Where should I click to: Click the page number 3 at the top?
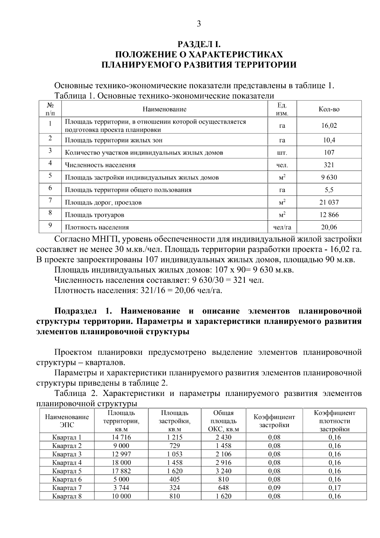pyautogui.click(x=199, y=24)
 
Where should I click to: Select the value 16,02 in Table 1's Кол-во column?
pyautogui.click(x=329, y=126)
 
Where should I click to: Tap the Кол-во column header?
pyautogui.click(x=329, y=109)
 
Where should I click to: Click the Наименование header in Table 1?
pyautogui.click(x=164, y=109)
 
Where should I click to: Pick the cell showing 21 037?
pyautogui.click(x=329, y=202)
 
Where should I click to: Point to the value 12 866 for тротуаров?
pyautogui.click(x=329, y=215)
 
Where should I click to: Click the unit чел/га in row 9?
pyautogui.click(x=282, y=227)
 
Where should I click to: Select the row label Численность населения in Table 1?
pyautogui.click(x=100, y=165)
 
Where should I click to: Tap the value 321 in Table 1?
pyautogui.click(x=329, y=165)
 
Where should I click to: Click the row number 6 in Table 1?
pyautogui.click(x=50, y=188)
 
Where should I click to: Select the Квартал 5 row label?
pyautogui.click(x=67, y=471)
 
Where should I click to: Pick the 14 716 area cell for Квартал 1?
pyautogui.click(x=121, y=438)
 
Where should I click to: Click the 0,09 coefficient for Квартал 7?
pyautogui.click(x=274, y=488)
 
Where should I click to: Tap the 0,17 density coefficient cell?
pyautogui.click(x=334, y=488)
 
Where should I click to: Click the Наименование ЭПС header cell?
pyautogui.click(x=67, y=421)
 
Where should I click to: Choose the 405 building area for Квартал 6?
pyautogui.click(x=174, y=479)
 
